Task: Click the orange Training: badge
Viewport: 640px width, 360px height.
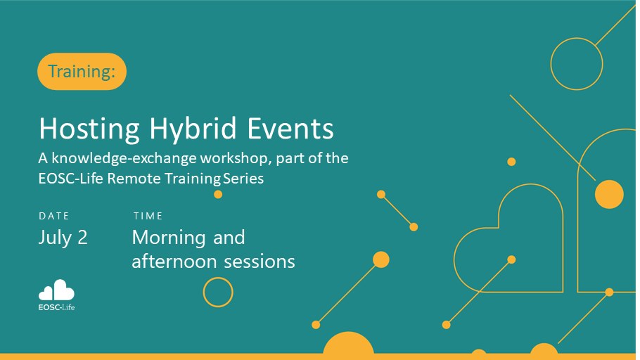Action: coord(82,72)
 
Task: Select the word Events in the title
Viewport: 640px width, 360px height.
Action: coord(290,129)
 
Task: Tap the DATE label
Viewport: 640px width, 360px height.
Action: coord(54,216)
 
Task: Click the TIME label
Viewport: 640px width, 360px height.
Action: coord(148,216)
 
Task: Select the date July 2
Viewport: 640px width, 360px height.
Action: coord(63,238)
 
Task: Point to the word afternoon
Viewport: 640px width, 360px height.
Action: coord(174,262)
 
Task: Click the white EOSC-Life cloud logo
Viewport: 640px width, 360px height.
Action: coord(56,290)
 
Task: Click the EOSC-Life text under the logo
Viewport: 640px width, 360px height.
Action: coord(56,307)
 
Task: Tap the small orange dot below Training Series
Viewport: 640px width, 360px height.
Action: coord(218,194)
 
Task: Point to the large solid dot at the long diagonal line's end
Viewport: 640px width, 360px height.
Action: coord(609,194)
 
